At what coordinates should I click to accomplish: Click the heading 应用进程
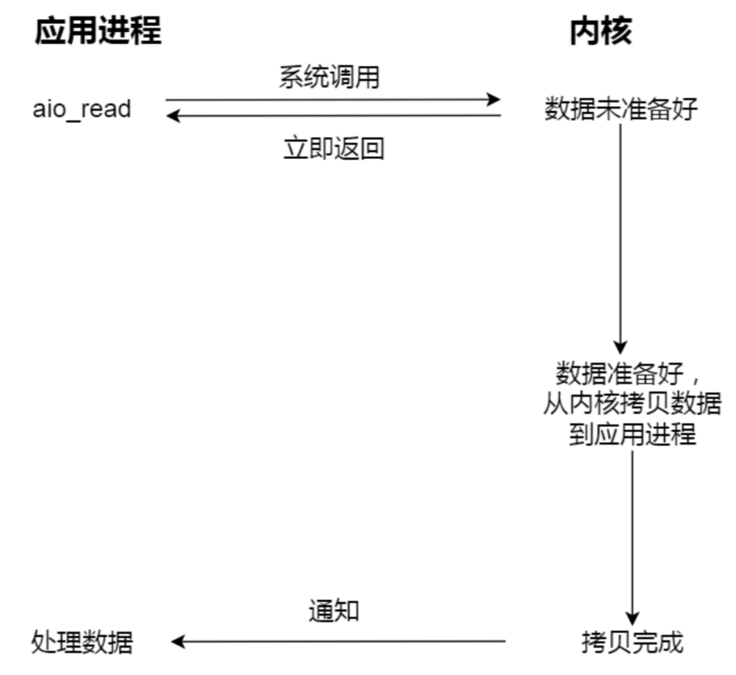[x=97, y=31]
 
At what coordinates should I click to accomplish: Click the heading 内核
[x=602, y=31]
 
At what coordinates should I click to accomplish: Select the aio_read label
[x=82, y=109]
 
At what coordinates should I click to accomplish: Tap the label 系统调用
[x=330, y=79]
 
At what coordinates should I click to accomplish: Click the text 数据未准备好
[x=621, y=109]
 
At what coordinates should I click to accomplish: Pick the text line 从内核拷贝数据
[x=632, y=404]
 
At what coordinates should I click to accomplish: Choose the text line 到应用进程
[x=632, y=434]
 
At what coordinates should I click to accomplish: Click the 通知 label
[x=334, y=611]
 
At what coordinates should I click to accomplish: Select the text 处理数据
[x=82, y=641]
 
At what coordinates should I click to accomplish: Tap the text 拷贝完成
[x=632, y=641]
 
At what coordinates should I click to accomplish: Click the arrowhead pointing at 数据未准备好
[x=494, y=100]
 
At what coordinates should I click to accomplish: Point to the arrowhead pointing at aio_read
[x=173, y=116]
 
